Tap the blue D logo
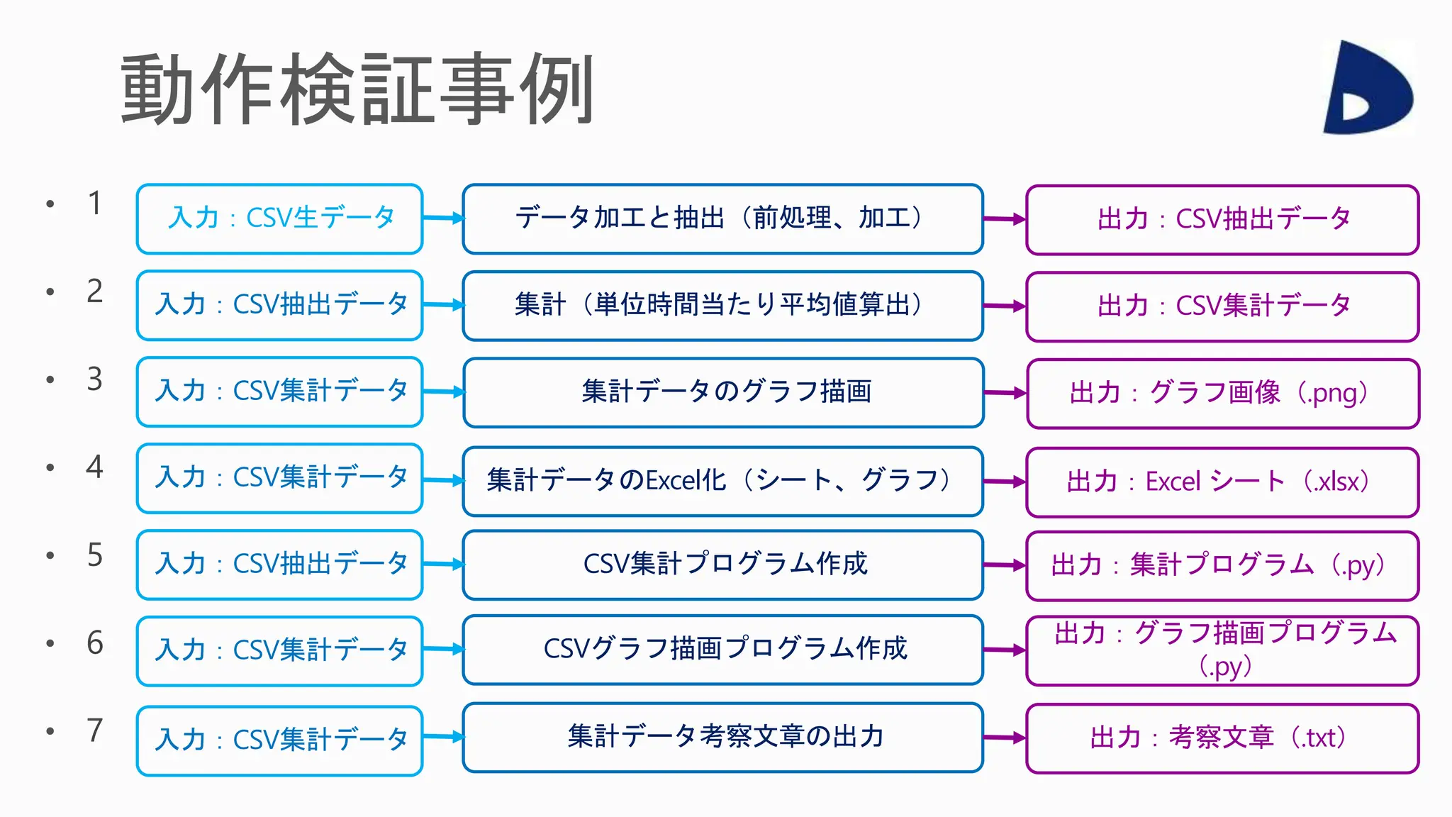(1368, 89)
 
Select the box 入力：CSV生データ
(280, 218)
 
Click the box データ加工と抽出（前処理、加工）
(722, 218)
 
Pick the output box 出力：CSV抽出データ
(1222, 220)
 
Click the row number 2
(95, 291)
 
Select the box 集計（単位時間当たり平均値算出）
(722, 306)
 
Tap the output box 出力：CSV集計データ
(1222, 306)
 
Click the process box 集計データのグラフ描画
(724, 392)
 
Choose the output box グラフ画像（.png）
(1222, 394)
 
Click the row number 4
(95, 467)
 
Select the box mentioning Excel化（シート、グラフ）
(722, 481)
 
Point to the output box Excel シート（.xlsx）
(1222, 482)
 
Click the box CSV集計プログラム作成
(722, 565)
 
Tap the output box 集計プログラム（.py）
(1222, 566)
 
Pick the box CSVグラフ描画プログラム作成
(722, 650)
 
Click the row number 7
(95, 730)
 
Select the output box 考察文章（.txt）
(1222, 738)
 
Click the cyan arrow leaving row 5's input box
(443, 565)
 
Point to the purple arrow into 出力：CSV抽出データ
(1005, 220)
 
